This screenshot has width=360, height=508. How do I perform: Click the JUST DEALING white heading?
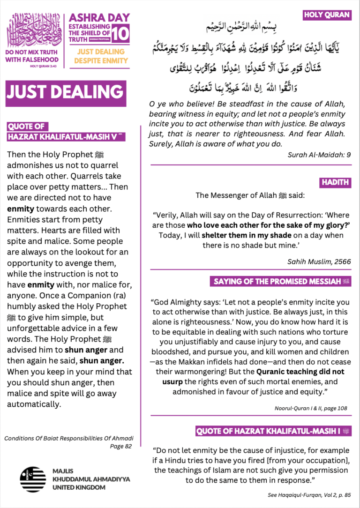[65, 92]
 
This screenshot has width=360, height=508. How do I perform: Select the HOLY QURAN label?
[327, 15]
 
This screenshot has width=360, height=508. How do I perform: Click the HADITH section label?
[336, 182]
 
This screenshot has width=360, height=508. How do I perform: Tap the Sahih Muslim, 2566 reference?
[325, 261]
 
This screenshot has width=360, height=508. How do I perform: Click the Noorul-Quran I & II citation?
[311, 408]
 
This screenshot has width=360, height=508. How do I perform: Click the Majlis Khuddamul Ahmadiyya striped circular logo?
[33, 479]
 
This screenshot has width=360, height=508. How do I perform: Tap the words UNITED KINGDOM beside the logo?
[79, 487]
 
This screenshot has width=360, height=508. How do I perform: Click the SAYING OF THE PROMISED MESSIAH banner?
[280, 282]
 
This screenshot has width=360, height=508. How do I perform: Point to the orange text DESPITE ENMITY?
[101, 60]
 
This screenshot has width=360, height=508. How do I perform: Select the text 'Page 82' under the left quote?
[121, 446]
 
